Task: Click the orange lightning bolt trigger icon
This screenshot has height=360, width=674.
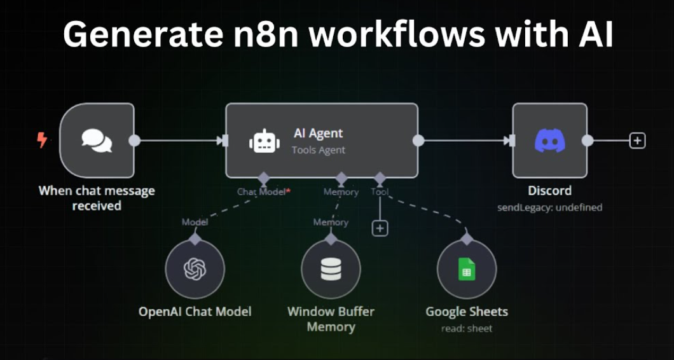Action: pyautogui.click(x=42, y=140)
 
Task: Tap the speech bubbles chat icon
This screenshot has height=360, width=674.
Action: pyautogui.click(x=97, y=141)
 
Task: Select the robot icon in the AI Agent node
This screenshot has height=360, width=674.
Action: pyautogui.click(x=265, y=141)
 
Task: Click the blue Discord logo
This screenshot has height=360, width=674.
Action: pyautogui.click(x=550, y=140)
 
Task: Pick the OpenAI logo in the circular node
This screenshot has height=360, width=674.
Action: pyautogui.click(x=195, y=269)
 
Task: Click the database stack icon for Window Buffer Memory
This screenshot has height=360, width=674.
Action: pyautogui.click(x=331, y=270)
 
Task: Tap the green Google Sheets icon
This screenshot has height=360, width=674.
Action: pyautogui.click(x=466, y=269)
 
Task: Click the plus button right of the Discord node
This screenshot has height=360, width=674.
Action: pyautogui.click(x=638, y=141)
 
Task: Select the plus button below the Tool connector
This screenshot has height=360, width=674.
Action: pyautogui.click(x=380, y=229)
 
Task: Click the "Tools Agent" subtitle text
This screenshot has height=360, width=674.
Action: pyautogui.click(x=319, y=150)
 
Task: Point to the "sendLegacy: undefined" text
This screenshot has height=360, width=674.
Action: pyautogui.click(x=550, y=207)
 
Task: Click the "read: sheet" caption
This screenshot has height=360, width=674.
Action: pyautogui.click(x=467, y=329)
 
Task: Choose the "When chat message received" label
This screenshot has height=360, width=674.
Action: pyautogui.click(x=97, y=198)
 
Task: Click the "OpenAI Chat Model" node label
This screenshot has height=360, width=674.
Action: pyautogui.click(x=195, y=312)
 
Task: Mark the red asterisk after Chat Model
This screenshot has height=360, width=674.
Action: pyautogui.click(x=288, y=191)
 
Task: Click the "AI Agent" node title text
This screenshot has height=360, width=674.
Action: pyautogui.click(x=319, y=134)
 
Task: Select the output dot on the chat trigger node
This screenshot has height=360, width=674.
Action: pyautogui.click(x=135, y=141)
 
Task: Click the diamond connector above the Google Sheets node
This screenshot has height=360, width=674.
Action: pyautogui.click(x=467, y=239)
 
